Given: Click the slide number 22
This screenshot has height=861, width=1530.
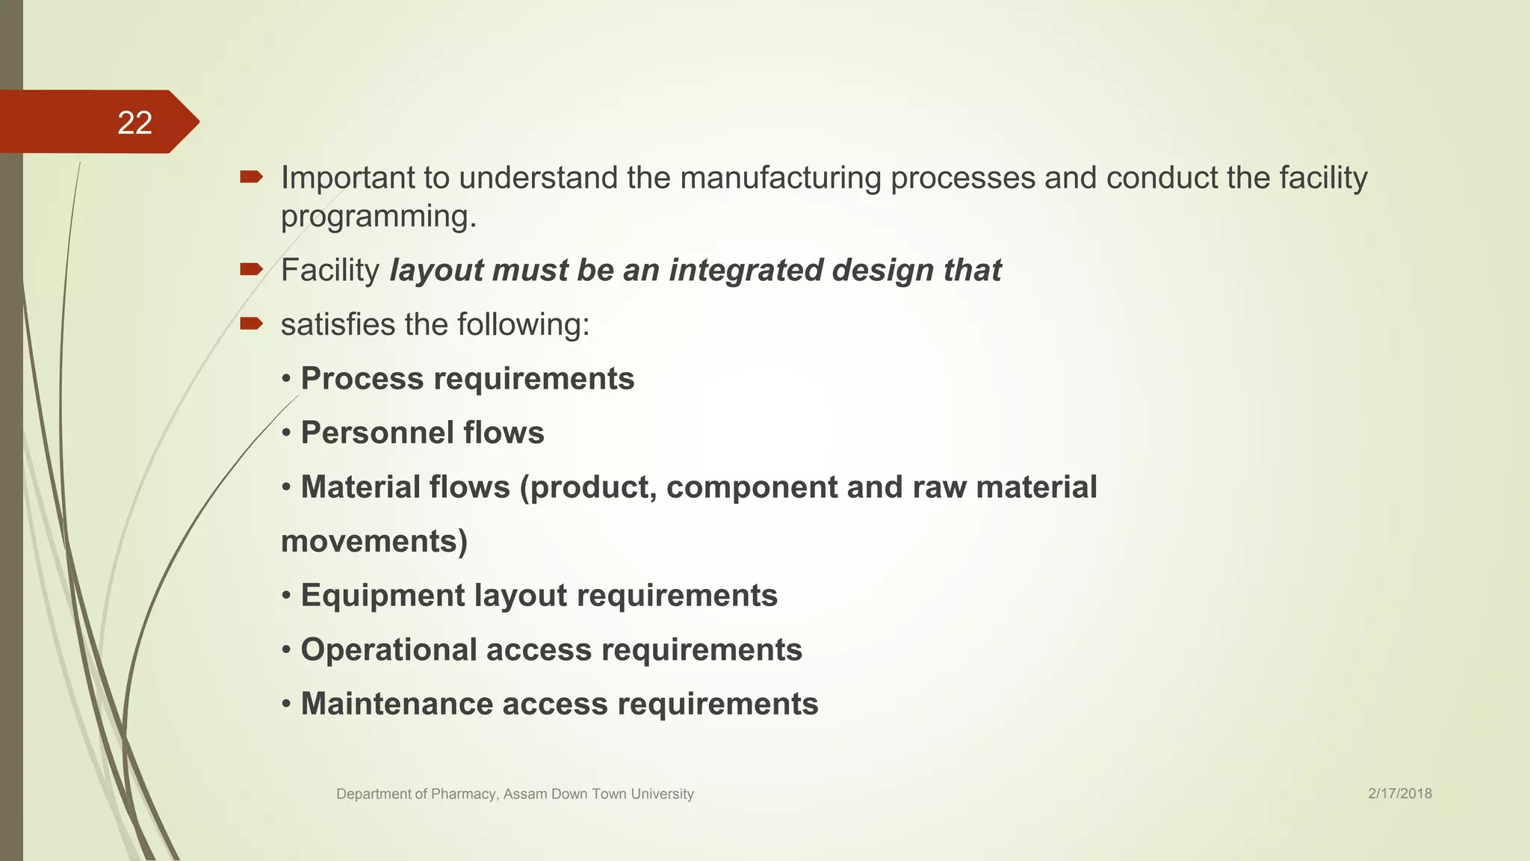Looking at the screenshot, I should [134, 123].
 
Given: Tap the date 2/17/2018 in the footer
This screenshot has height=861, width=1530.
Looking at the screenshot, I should [1399, 794].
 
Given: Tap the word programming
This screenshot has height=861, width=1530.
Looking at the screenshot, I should [378, 217].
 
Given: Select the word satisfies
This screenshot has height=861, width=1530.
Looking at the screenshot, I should [337, 324].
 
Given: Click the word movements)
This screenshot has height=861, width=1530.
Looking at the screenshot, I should [374, 541].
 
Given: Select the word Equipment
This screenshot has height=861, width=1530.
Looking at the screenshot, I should [382, 596].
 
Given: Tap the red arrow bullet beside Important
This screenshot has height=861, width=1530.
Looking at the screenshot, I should [251, 177].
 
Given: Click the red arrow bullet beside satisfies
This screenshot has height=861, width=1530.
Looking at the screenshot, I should [251, 324].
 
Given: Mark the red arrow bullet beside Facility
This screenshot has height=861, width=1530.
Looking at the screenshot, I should [251, 269].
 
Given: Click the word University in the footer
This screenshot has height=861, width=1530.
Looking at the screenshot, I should [662, 794].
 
